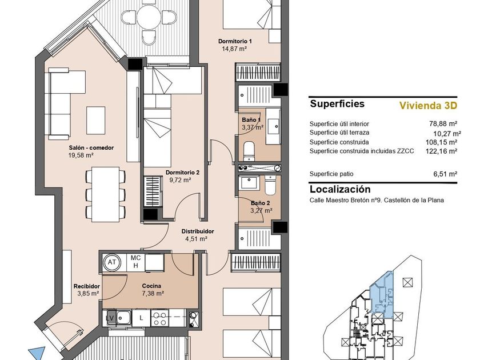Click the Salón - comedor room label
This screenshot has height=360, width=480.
pyautogui.click(x=91, y=147)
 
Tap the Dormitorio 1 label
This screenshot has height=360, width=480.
pyautogui.click(x=235, y=41)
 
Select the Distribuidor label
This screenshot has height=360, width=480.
pyautogui.click(x=198, y=231)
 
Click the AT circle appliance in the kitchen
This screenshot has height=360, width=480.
pyautogui.click(x=112, y=262)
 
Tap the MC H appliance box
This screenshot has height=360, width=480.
pyautogui.click(x=135, y=262)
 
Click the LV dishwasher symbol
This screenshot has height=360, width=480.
pyautogui.click(x=110, y=318)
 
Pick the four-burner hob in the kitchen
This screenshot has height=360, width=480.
pyautogui.click(x=159, y=318)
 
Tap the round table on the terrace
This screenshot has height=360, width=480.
pyautogui.click(x=149, y=16)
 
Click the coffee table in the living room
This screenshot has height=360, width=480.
pyautogui.click(x=96, y=121)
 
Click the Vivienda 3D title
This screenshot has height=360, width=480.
pyautogui.click(x=428, y=106)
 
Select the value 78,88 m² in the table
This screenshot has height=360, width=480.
pyautogui.click(x=443, y=123)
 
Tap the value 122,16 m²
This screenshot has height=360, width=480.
pyautogui.click(x=441, y=151)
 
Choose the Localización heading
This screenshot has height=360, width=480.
pyautogui.click(x=340, y=189)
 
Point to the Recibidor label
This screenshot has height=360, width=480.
pyautogui.click(x=87, y=286)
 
